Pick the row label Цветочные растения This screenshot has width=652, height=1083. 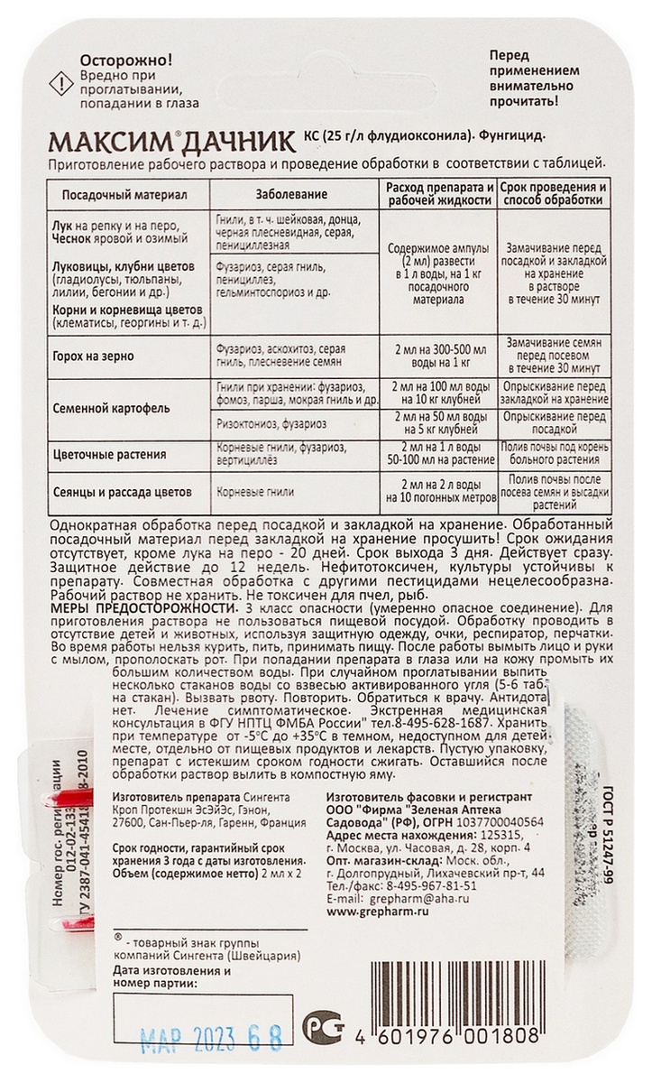[x=106, y=456]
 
